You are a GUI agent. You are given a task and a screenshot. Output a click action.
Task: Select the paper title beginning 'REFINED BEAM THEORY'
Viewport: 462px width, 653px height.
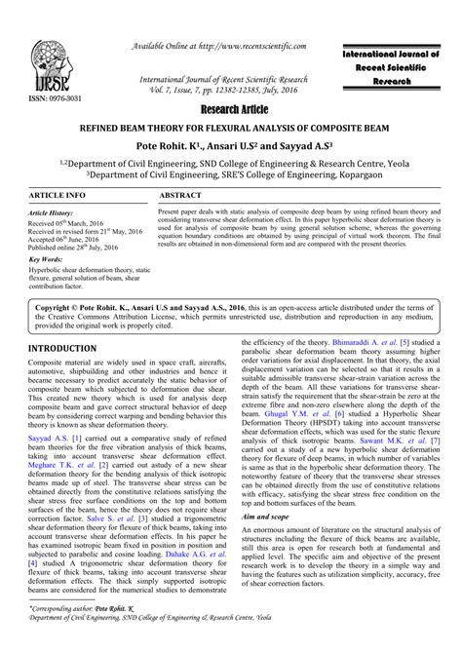tap(230, 127)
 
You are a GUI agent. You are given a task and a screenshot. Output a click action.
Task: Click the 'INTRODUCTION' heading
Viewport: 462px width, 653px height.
tap(63, 348)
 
